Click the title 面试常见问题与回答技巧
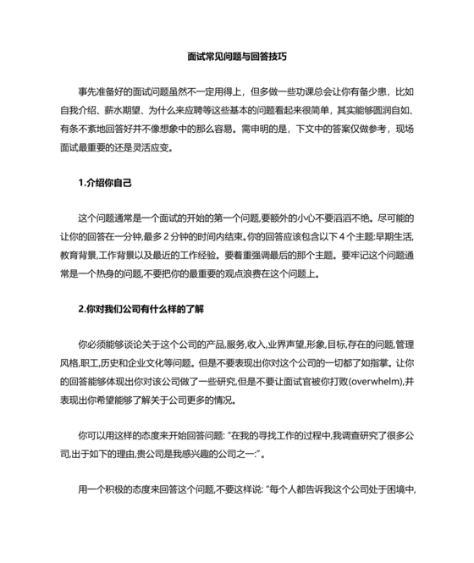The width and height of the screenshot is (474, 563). click(x=237, y=58)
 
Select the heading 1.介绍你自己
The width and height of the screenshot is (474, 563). click(x=105, y=182)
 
